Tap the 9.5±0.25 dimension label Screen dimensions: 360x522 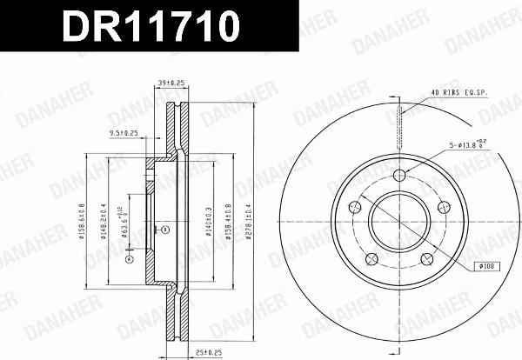(124, 133)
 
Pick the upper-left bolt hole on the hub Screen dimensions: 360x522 (355, 207)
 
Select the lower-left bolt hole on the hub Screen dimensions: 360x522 (372, 258)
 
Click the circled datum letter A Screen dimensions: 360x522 (128, 259)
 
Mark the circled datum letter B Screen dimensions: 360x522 (164, 230)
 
